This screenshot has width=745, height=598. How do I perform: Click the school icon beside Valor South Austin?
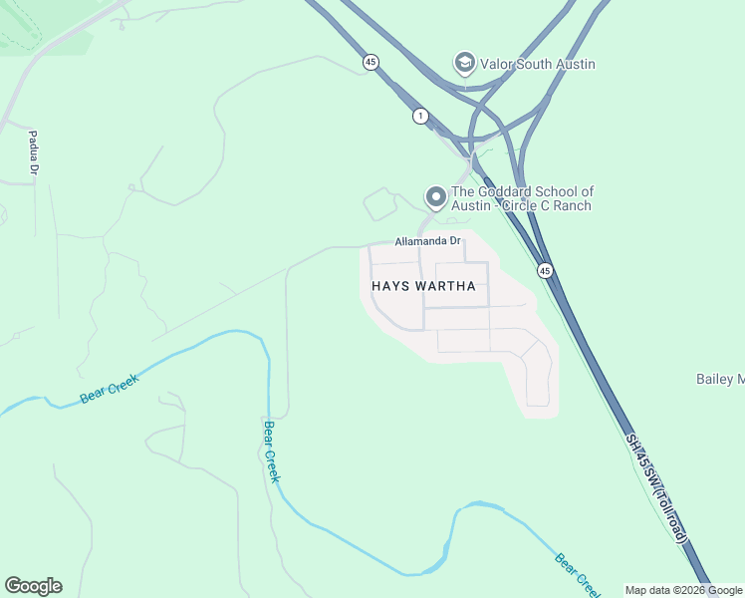point(464,64)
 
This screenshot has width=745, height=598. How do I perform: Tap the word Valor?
point(497,64)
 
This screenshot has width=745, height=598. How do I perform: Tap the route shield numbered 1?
point(421,117)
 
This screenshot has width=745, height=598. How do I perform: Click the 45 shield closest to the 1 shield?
point(371,62)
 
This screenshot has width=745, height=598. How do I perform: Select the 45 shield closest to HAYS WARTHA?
point(544,270)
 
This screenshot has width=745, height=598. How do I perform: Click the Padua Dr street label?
point(33,152)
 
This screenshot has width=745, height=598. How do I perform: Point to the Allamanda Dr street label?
point(428,241)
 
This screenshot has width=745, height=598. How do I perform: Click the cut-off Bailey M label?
point(719,379)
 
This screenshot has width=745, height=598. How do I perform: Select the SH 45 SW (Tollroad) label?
point(657,488)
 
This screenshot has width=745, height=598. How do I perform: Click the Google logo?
point(33,586)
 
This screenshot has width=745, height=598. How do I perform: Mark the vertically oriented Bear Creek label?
point(271,451)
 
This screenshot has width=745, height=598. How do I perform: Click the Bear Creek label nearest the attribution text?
point(579,574)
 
